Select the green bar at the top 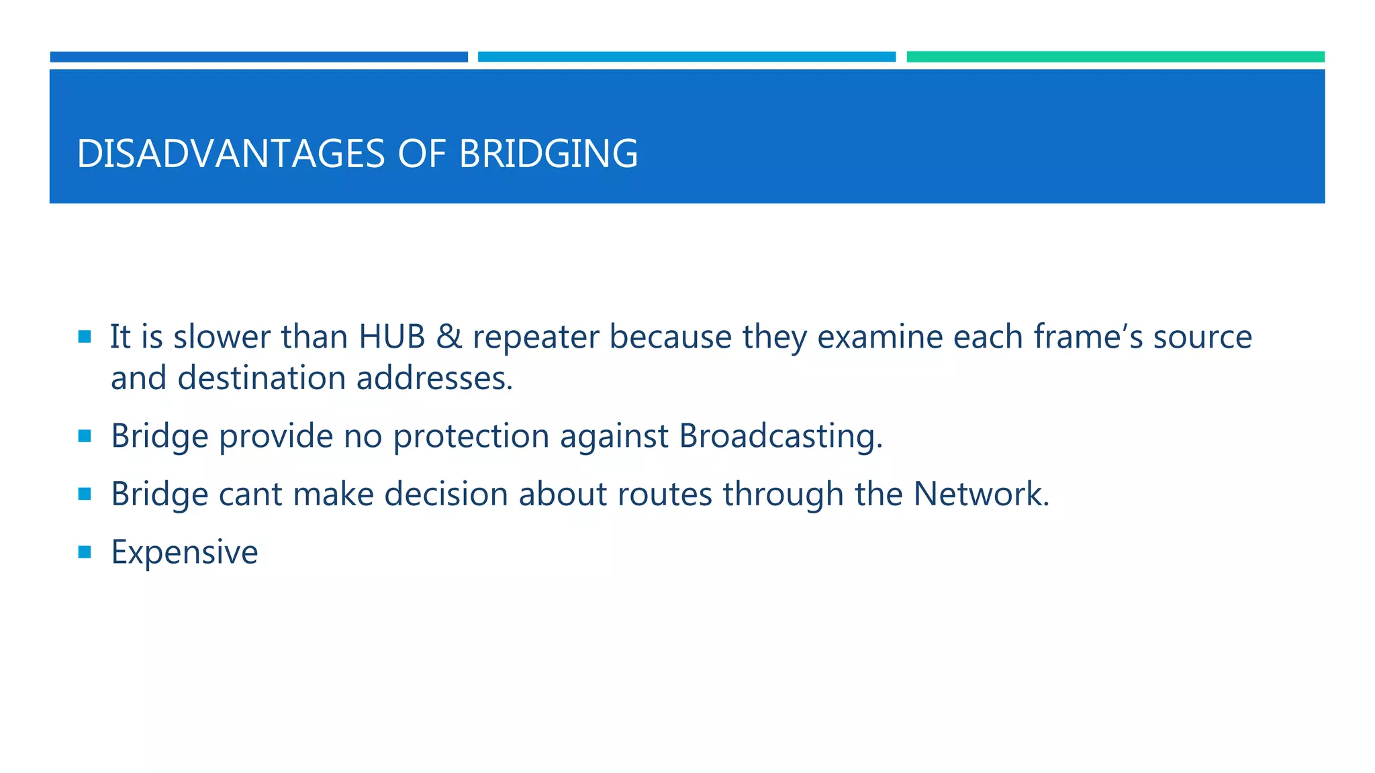(x=1115, y=57)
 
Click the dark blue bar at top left (x=258, y=57)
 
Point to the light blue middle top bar (x=686, y=57)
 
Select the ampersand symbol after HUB (x=448, y=336)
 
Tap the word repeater (x=535, y=338)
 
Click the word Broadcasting (x=780, y=436)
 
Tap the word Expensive (x=184, y=553)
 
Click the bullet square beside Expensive (x=85, y=552)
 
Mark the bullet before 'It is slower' (x=85, y=337)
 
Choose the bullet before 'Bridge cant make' (x=85, y=495)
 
